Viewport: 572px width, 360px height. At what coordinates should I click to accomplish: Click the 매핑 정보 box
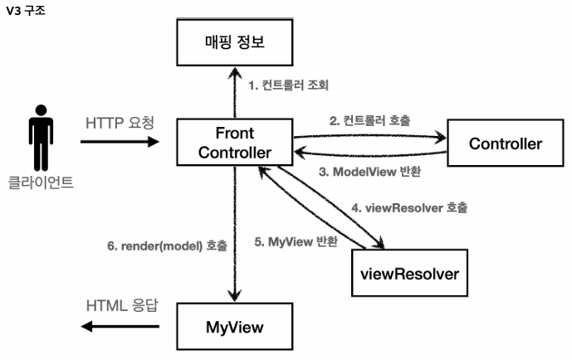pos(235,41)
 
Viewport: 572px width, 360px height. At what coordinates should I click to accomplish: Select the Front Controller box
pos(234,143)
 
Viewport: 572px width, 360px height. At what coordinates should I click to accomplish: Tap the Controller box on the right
pos(505,143)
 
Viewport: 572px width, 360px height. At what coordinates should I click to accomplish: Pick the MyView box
pos(235,326)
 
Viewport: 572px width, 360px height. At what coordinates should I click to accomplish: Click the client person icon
pos(40,137)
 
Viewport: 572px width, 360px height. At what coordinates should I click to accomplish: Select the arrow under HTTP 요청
pos(120,142)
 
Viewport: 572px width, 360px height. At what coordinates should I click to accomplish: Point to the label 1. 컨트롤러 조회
pos(289,85)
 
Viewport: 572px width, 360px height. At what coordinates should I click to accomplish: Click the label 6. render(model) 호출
pos(167,246)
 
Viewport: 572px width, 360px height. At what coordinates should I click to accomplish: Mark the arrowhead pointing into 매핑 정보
pos(235,72)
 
